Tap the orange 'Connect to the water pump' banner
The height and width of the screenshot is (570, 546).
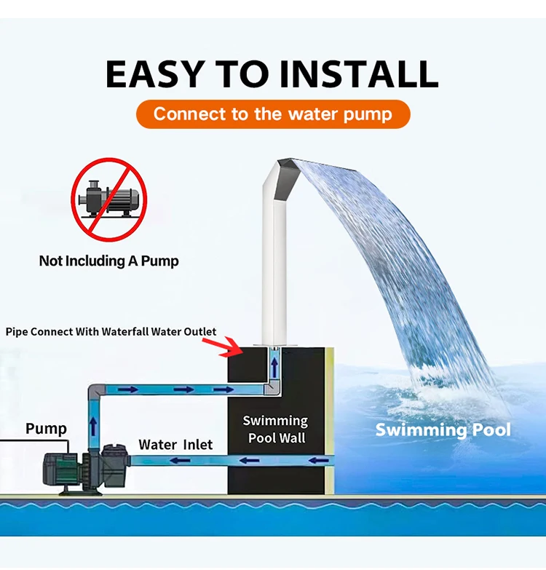(x=272, y=114)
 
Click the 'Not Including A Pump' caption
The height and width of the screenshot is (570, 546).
(x=108, y=260)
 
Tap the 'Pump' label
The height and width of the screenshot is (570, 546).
(x=46, y=428)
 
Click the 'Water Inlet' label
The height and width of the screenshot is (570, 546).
(x=175, y=444)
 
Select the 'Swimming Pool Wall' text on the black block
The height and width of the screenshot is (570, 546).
(x=276, y=429)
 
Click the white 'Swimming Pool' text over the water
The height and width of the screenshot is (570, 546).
(x=443, y=430)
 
